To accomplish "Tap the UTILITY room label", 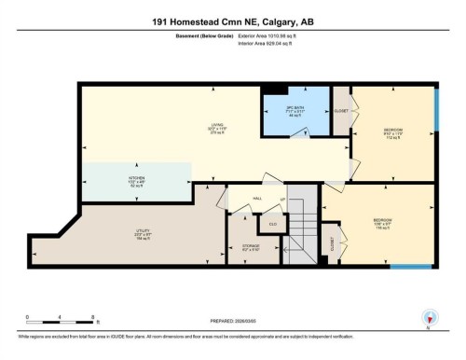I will click(x=129, y=237).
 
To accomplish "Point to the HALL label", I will click(x=258, y=199).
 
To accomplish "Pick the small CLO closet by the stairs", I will click(x=272, y=224).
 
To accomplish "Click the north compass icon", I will click(x=429, y=318).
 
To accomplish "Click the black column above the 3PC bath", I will click(x=273, y=90).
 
